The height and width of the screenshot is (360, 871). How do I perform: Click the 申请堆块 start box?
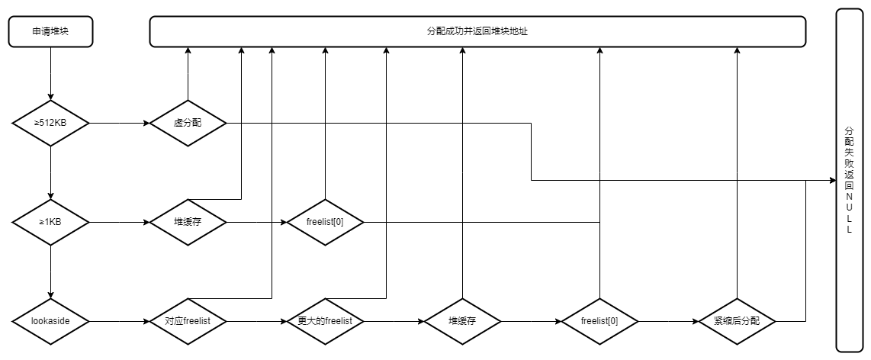pos(50,31)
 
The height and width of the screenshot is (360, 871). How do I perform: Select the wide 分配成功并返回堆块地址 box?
pos(477,31)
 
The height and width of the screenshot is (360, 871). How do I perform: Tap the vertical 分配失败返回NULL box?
pos(849,181)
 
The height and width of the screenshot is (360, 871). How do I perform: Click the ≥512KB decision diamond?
pos(50,123)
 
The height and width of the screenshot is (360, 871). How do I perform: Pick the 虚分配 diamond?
pos(188,123)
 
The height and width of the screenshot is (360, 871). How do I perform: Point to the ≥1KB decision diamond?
pos(50,222)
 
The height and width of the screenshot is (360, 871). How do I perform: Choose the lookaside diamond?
pos(50,321)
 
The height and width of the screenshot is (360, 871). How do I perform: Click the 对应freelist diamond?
pos(188,321)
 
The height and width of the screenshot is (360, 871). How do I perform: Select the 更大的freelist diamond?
pos(325,321)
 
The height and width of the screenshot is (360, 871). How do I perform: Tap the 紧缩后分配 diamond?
pos(737,321)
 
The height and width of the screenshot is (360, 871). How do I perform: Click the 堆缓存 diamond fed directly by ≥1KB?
pos(188,222)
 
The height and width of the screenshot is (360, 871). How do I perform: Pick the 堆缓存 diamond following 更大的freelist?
pos(462,321)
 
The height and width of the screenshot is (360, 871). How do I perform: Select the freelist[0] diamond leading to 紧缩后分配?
pos(599,321)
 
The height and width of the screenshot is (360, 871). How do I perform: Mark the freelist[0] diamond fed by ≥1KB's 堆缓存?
pos(325,222)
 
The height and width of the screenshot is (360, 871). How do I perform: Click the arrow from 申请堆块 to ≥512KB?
pos(50,72)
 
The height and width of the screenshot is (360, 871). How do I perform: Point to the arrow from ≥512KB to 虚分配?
pos(118,123)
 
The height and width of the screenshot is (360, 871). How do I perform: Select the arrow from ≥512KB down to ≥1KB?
pos(50,172)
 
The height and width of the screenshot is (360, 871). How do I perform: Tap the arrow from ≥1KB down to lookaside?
pos(50,272)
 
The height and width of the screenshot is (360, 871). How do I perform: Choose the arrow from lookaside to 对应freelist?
pos(118,321)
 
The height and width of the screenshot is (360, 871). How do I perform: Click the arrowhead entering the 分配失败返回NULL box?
pos(831,181)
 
